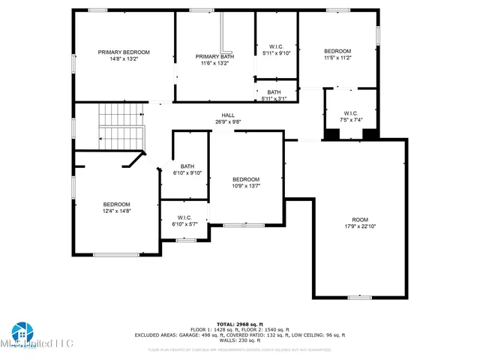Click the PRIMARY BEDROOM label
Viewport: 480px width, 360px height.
(124, 52)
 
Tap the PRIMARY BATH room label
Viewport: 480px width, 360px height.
(214, 56)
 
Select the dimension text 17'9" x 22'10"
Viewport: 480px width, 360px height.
(359, 226)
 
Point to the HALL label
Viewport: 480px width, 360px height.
(227, 115)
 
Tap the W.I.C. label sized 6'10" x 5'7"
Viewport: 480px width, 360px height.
(184, 217)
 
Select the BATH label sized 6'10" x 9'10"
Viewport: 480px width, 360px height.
(187, 166)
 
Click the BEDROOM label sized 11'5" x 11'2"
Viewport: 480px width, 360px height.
(337, 51)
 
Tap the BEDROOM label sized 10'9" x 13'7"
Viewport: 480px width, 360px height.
(246, 179)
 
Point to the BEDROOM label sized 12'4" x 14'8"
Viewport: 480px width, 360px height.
(116, 205)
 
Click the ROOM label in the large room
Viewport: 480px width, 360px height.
(359, 220)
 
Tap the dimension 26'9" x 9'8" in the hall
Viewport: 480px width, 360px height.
(227, 121)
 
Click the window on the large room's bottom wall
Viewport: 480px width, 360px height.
(359, 298)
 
